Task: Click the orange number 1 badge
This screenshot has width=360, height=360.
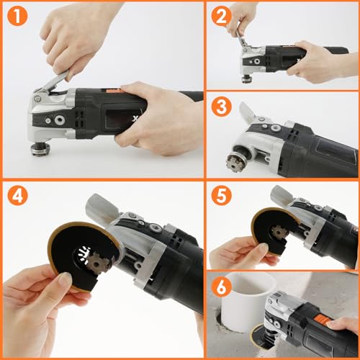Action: click(x=17, y=16)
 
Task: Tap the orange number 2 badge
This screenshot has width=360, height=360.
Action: click(x=221, y=16)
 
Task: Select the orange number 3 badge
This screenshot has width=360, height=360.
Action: click(x=221, y=107)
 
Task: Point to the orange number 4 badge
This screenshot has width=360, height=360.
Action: click(x=17, y=195)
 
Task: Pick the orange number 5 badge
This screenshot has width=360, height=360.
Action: click(x=221, y=195)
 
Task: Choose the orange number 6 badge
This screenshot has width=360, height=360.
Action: click(x=221, y=287)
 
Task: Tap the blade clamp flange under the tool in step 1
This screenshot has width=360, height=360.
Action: click(x=40, y=149)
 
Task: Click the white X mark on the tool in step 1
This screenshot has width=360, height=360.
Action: click(x=135, y=118)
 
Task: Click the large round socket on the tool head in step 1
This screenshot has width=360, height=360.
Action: click(x=59, y=120)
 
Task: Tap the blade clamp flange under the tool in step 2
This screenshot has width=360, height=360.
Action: click(x=246, y=79)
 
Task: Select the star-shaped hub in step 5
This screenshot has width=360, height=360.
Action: click(x=279, y=233)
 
